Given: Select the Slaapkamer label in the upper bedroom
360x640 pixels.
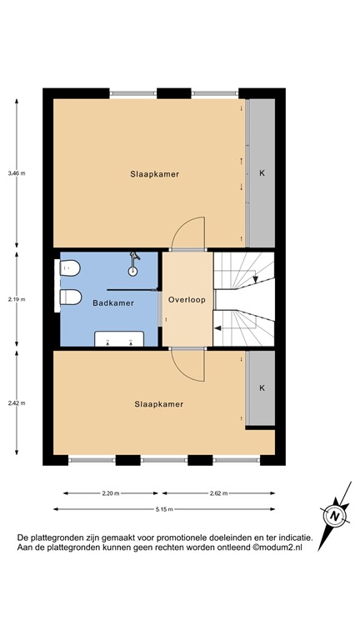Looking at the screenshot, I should click(155, 174).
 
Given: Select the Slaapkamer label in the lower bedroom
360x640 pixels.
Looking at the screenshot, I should click(158, 404).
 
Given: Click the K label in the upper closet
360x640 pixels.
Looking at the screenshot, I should click(262, 174).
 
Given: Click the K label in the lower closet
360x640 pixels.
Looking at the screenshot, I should click(262, 388).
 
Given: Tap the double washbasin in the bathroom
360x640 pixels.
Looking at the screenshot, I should click(118, 338).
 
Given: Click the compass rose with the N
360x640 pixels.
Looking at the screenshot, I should click(334, 516).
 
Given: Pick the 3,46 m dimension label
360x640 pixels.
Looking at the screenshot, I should click(17, 173).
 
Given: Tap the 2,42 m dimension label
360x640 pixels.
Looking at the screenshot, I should click(17, 402).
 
